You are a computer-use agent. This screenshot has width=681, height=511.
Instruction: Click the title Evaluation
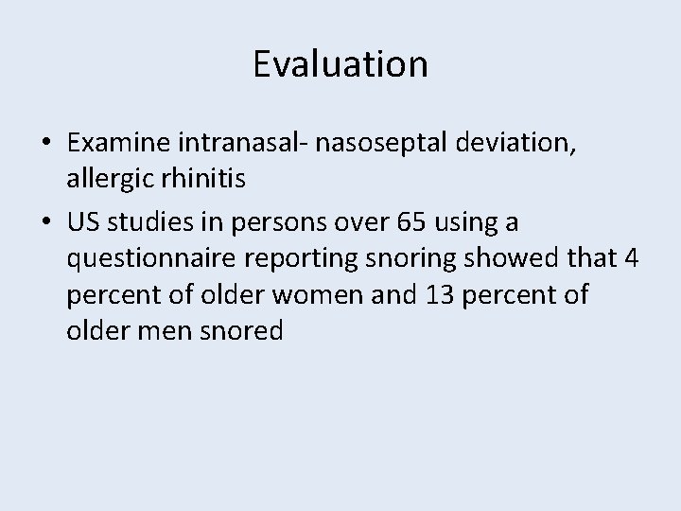point(340,65)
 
